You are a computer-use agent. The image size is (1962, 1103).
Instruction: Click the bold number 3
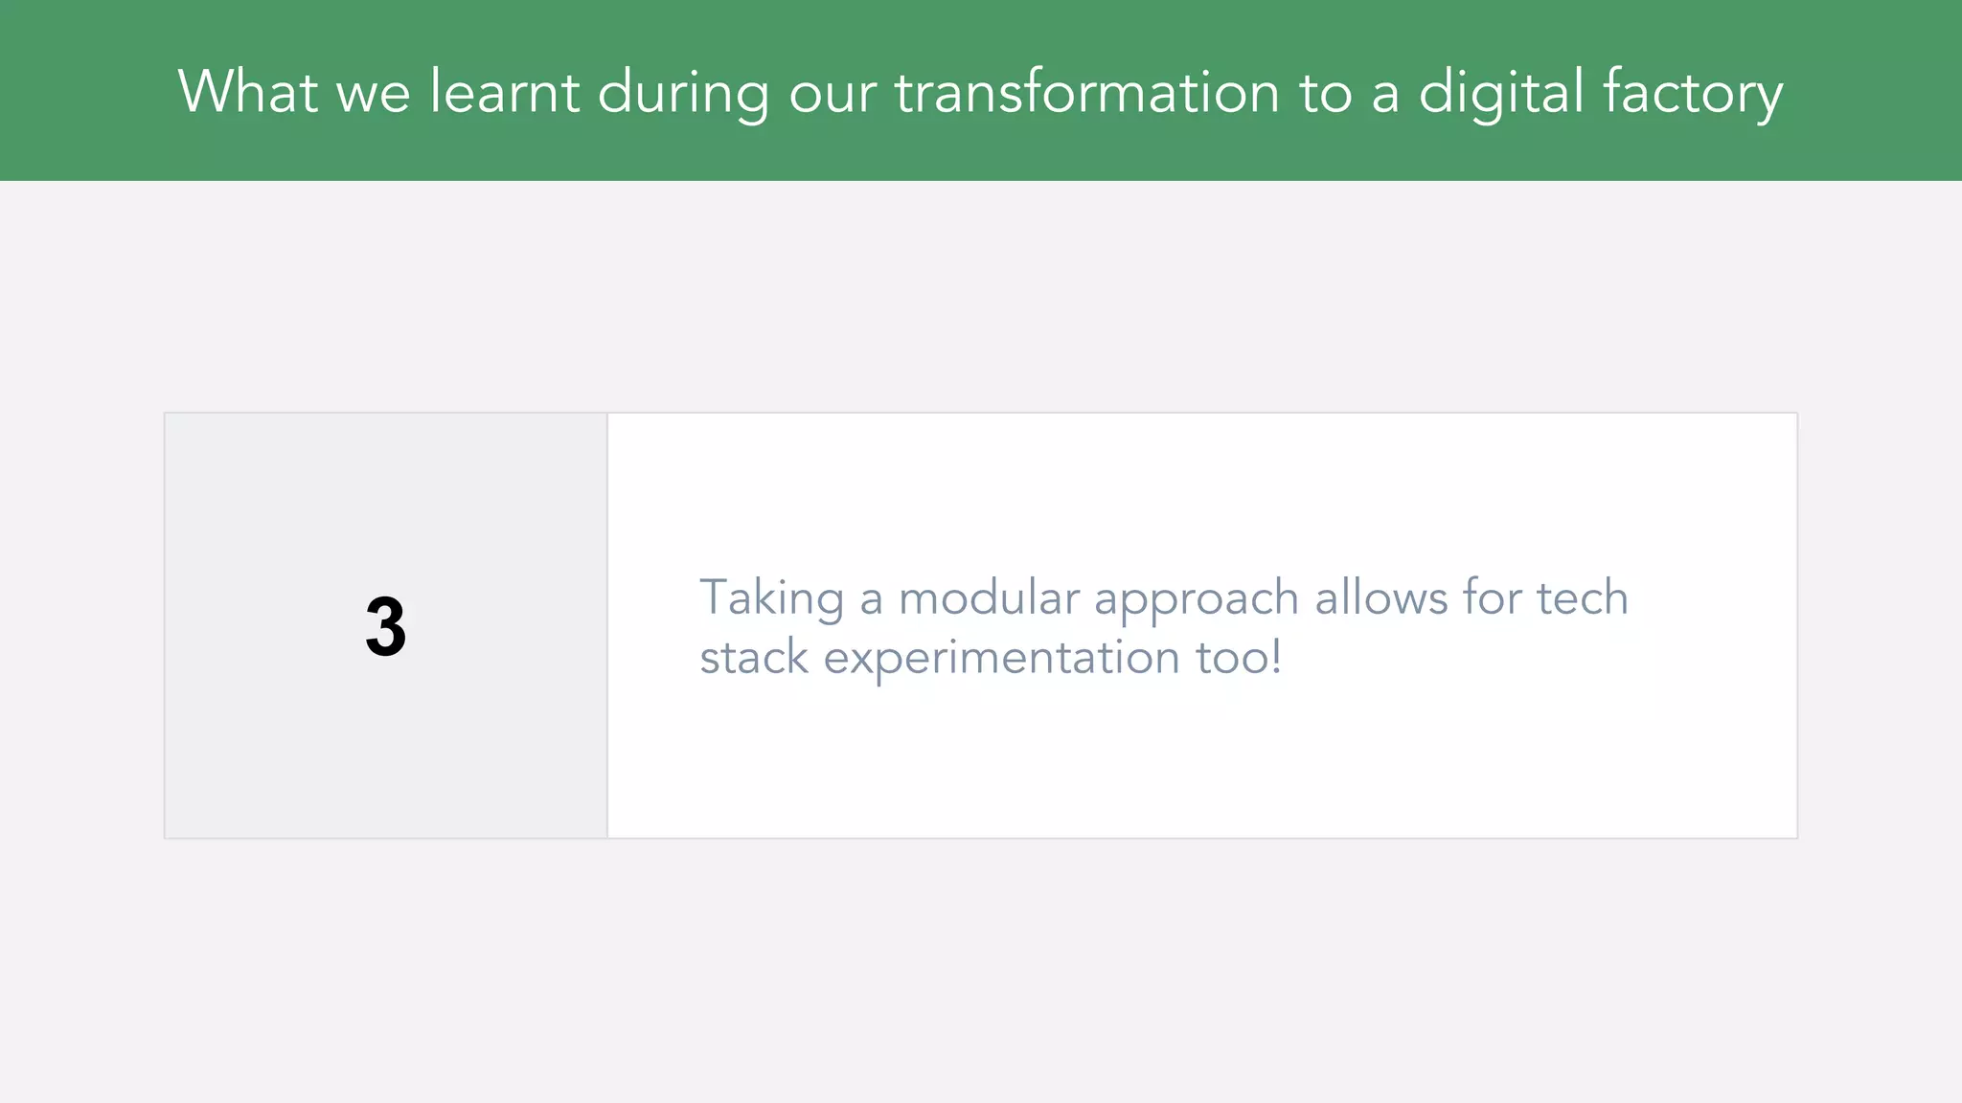point(385,627)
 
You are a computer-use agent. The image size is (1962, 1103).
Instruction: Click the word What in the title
point(247,92)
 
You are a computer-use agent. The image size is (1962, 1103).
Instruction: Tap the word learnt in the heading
point(504,92)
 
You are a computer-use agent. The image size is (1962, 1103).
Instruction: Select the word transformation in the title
point(1086,92)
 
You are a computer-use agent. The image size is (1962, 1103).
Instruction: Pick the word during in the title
point(682,94)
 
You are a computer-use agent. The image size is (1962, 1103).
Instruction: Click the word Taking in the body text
point(771,599)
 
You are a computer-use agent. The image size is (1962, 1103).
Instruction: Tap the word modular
point(989,597)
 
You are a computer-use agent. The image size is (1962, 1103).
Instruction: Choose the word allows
point(1380,597)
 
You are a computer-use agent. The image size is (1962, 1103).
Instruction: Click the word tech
point(1583,597)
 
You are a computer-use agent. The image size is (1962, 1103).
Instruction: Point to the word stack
point(754,658)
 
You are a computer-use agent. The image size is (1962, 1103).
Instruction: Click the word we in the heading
point(373,94)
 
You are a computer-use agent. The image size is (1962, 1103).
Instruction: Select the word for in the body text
point(1491,597)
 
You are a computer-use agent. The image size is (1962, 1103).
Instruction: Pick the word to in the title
point(1325,94)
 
